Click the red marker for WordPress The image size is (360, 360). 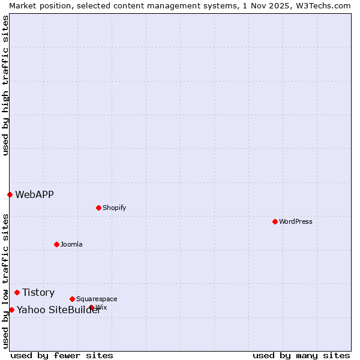tap(275, 221)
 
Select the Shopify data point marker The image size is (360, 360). tap(98, 208)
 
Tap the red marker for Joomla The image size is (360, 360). tap(56, 244)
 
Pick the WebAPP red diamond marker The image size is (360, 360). tap(10, 194)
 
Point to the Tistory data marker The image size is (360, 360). tap(17, 292)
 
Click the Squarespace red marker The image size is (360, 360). tap(72, 299)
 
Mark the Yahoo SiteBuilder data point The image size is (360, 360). tap(11, 310)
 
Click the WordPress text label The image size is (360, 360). tap(295, 221)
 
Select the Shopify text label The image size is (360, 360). tap(114, 208)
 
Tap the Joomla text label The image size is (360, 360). tap(71, 244)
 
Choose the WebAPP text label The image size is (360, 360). tap(34, 194)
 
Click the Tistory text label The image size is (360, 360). tap(38, 292)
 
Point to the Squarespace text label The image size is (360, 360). tap(97, 299)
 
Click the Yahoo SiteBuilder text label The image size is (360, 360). tap(58, 310)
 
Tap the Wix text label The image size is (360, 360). tap(101, 307)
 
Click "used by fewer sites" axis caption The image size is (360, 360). tap(62, 355)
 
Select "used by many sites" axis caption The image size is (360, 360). tap(301, 355)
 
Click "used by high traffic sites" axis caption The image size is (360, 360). tap(5, 85)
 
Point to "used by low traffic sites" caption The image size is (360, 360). tap(5, 281)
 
